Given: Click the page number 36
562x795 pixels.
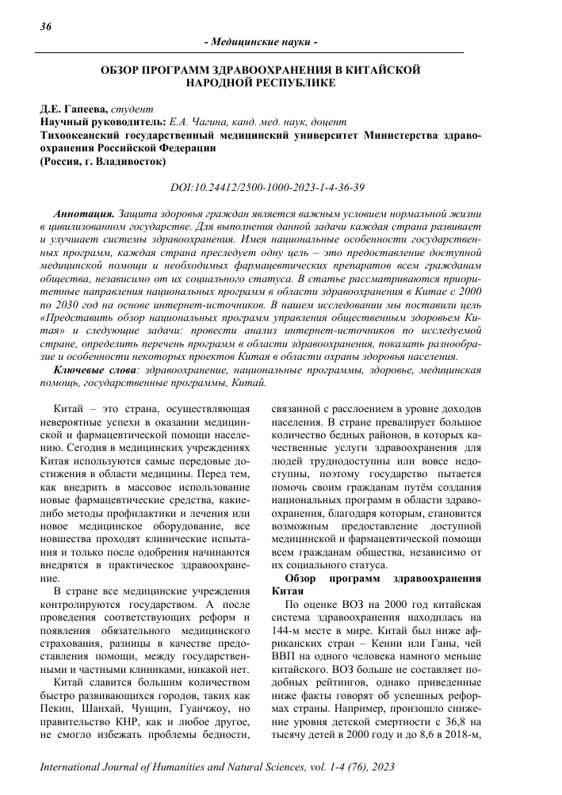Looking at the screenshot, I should pyautogui.click(x=45, y=26).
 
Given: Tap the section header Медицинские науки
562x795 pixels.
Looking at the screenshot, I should pyautogui.click(x=261, y=41).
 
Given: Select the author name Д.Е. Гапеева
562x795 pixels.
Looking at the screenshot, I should pyautogui.click(x=73, y=109).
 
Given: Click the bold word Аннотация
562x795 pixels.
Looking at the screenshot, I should pyautogui.click(x=82, y=214).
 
